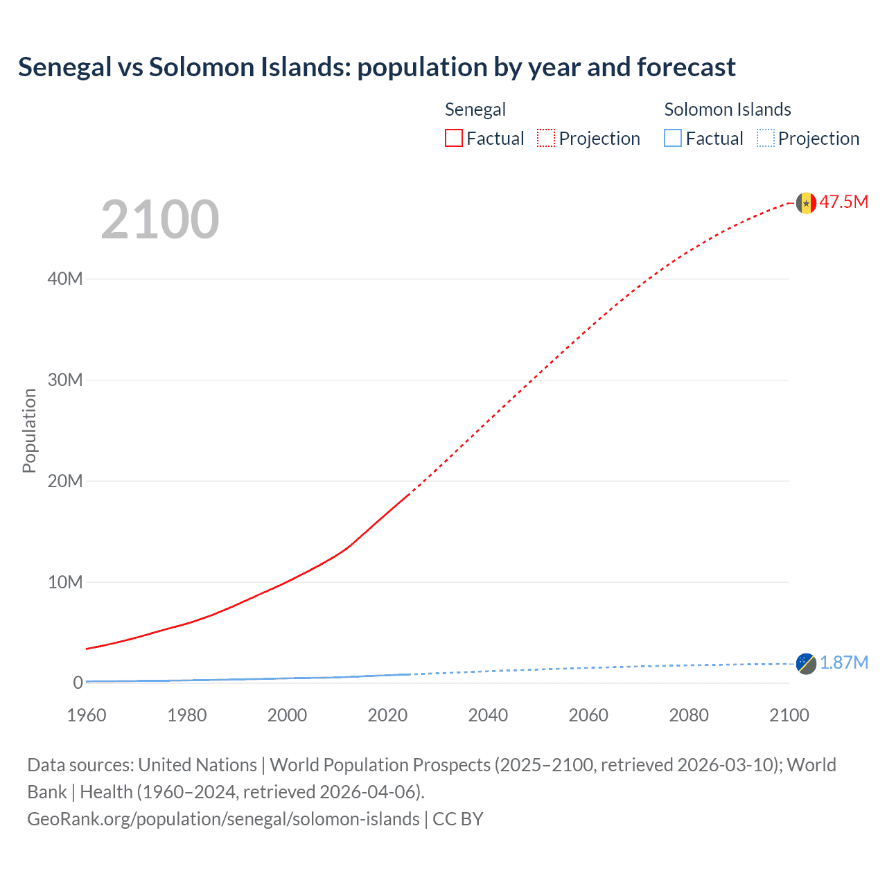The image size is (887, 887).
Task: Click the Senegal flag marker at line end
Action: click(806, 203)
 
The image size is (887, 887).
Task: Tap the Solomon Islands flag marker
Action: click(806, 663)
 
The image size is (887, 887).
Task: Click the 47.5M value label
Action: click(843, 202)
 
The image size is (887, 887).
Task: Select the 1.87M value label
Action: click(843, 662)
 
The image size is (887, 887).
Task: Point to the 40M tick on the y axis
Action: click(65, 279)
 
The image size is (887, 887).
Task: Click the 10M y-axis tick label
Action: click(65, 582)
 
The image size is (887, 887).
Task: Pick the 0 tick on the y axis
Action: click(78, 683)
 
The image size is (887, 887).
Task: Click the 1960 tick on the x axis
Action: click(87, 715)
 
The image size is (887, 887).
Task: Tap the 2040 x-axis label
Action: click(488, 715)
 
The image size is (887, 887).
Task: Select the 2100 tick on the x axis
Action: click(789, 715)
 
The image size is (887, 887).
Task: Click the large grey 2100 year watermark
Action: click(160, 220)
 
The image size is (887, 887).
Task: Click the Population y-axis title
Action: click(29, 430)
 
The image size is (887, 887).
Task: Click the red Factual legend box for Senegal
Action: click(453, 138)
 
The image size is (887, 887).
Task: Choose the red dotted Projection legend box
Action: click(546, 138)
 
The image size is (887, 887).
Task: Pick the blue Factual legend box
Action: click(672, 138)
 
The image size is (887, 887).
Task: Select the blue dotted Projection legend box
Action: click(765, 138)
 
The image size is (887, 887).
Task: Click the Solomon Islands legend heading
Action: click(727, 109)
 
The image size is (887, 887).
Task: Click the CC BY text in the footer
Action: click(457, 819)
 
